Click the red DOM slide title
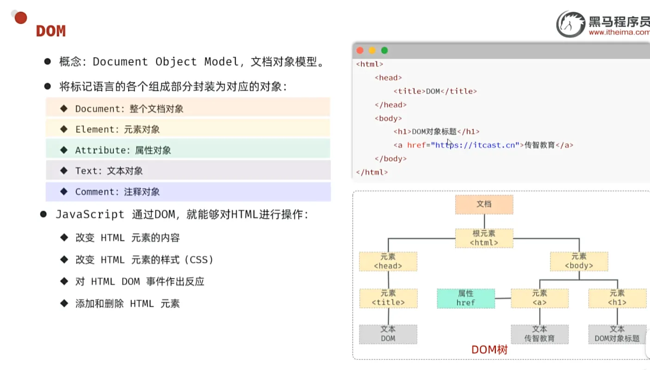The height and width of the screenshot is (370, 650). click(51, 31)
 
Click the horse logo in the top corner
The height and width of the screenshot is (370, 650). click(570, 25)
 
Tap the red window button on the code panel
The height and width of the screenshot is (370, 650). click(360, 50)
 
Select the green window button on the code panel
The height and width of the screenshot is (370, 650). click(384, 50)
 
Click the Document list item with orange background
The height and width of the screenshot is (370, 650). click(188, 109)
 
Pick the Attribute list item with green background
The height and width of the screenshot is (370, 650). click(188, 150)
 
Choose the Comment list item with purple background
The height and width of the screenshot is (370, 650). click(188, 191)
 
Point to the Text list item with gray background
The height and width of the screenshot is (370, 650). click(188, 171)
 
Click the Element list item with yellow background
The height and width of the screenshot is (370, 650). click(188, 129)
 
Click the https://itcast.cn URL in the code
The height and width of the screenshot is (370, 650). click(475, 145)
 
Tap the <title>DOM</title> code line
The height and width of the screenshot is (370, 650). click(435, 91)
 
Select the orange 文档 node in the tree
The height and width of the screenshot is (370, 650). click(484, 204)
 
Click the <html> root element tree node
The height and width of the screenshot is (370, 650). click(484, 238)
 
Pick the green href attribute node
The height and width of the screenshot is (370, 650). click(466, 298)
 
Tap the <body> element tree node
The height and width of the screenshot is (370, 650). click(579, 261)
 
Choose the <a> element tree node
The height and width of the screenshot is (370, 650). click(539, 298)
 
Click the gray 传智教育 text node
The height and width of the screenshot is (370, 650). click(539, 334)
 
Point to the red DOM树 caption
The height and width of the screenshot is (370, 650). click(489, 350)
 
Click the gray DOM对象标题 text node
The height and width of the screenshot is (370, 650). click(617, 334)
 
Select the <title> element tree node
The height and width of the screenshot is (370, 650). click(388, 298)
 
